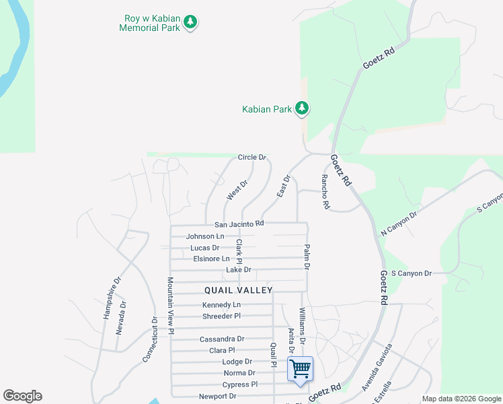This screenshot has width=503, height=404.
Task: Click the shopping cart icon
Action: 299,368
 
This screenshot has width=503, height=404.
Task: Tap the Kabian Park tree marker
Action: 302,108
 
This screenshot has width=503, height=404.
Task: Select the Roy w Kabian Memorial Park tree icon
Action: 191,23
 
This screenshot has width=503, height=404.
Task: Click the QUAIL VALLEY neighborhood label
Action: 239,290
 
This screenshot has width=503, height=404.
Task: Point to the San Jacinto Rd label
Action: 239,224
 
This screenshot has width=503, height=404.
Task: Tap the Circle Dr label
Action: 252,158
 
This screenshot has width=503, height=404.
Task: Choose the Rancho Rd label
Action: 325,192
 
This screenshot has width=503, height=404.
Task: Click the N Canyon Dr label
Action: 399,223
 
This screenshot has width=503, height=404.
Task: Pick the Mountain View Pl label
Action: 171,306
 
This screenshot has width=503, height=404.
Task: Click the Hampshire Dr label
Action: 112,298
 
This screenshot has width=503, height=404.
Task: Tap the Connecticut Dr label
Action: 150,340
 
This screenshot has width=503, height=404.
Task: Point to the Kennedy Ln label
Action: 221,305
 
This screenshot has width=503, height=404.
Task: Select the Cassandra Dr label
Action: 222,339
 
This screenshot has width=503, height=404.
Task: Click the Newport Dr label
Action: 217,397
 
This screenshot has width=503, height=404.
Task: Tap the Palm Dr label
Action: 307,257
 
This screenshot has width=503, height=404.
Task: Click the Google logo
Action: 22,396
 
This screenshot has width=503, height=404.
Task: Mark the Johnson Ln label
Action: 205,236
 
